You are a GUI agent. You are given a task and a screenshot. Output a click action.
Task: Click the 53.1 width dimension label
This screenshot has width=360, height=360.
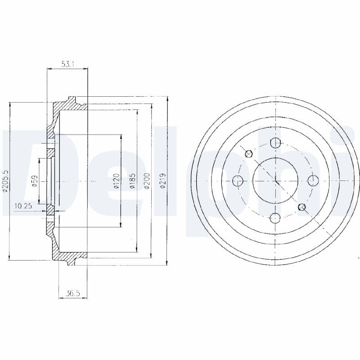pos(67,64)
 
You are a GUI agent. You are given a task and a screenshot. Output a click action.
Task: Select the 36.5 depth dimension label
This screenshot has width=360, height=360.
pos(73,293)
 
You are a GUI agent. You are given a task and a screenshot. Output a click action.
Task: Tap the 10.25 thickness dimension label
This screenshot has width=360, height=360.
pos(23,206)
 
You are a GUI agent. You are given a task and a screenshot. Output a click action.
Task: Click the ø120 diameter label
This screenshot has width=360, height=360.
pos(117,181)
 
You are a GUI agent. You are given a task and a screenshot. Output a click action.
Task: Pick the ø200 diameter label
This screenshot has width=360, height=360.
pos(147,181)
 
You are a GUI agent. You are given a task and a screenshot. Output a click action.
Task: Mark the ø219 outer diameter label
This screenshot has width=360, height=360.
pos(162,181)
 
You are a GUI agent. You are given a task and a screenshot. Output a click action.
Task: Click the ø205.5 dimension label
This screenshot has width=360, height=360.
pos(5,181)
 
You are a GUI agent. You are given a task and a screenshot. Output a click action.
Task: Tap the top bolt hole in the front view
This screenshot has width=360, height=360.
pos(275,143)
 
